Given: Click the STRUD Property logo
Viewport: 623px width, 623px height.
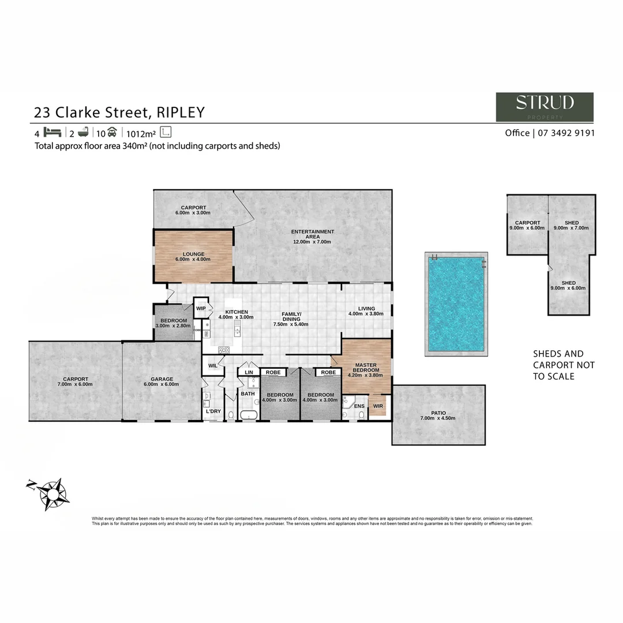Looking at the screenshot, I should pyautogui.click(x=545, y=107).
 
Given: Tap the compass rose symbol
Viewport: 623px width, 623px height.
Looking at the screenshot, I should pyautogui.click(x=52, y=493).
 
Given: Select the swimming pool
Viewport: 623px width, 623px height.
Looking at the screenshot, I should pyautogui.click(x=456, y=304).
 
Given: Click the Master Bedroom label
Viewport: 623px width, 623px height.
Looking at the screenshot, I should pyautogui.click(x=366, y=367).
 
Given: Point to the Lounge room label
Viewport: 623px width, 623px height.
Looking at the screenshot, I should pyautogui.click(x=193, y=256).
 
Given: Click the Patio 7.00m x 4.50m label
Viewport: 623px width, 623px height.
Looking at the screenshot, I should pyautogui.click(x=439, y=415).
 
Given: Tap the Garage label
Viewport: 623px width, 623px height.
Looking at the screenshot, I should pyautogui.click(x=162, y=381).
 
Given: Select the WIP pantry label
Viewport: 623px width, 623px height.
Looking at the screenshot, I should pyautogui.click(x=201, y=309).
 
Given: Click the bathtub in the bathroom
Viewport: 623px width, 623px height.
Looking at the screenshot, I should pyautogui.click(x=249, y=415).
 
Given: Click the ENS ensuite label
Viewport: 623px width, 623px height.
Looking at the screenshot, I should pyautogui.click(x=359, y=406).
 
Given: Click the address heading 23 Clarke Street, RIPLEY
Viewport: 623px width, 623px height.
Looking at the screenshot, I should pyautogui.click(x=119, y=111).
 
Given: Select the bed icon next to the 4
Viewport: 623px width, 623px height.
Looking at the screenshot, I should pyautogui.click(x=52, y=132).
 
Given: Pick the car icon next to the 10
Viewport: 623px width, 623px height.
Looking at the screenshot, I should pyautogui.click(x=112, y=132).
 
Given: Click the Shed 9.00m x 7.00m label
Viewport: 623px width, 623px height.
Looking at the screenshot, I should pyautogui.click(x=571, y=226).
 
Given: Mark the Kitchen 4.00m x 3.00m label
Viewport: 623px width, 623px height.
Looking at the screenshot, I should pyautogui.click(x=237, y=314).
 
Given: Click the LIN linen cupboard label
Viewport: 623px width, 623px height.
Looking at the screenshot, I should pyautogui.click(x=249, y=373).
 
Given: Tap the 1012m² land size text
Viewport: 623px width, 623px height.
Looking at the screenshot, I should pyautogui.click(x=142, y=132).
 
